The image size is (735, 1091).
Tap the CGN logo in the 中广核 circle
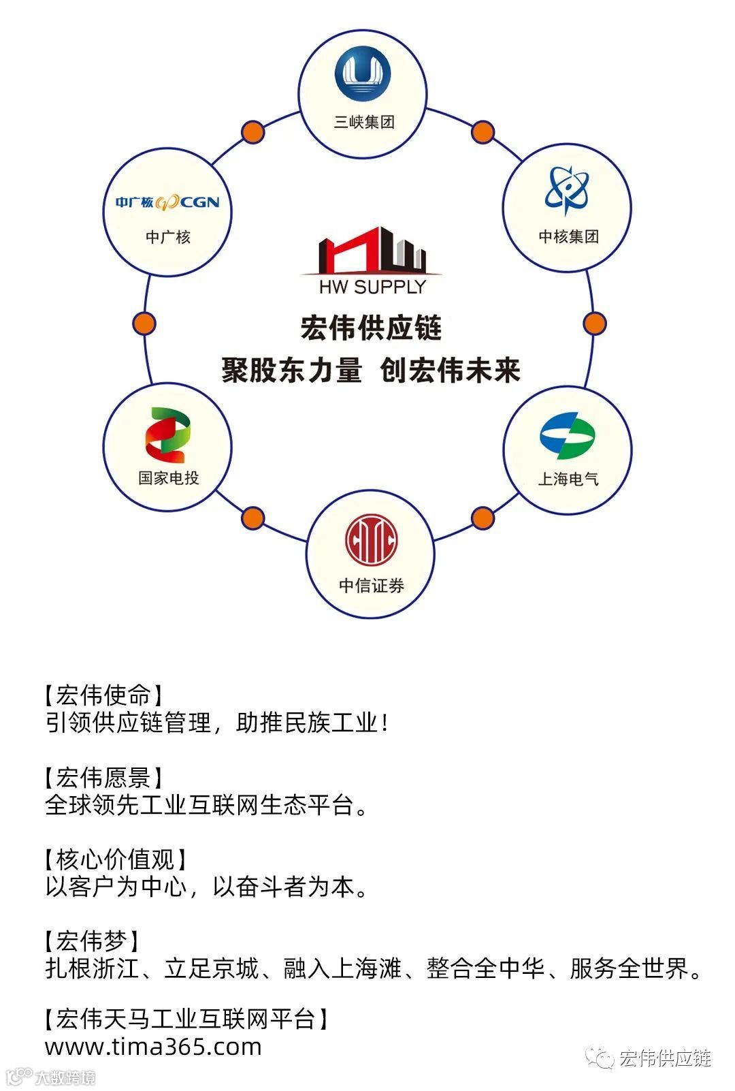167,202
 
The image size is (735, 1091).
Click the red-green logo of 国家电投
167,436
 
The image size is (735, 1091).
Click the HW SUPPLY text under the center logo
372,287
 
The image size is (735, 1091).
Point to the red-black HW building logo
372,250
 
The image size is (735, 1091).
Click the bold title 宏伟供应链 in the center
372,328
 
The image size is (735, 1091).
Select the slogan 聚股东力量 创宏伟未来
371,371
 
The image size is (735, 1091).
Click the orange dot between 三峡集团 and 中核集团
483,132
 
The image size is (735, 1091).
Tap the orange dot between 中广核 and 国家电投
144,323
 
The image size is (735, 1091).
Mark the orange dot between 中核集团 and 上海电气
594,323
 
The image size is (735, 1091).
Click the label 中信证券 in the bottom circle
371,586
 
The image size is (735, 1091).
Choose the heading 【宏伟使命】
103,695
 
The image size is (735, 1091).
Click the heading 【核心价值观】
115,859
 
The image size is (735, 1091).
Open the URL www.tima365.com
153,1047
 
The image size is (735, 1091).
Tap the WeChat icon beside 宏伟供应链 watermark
600,1058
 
